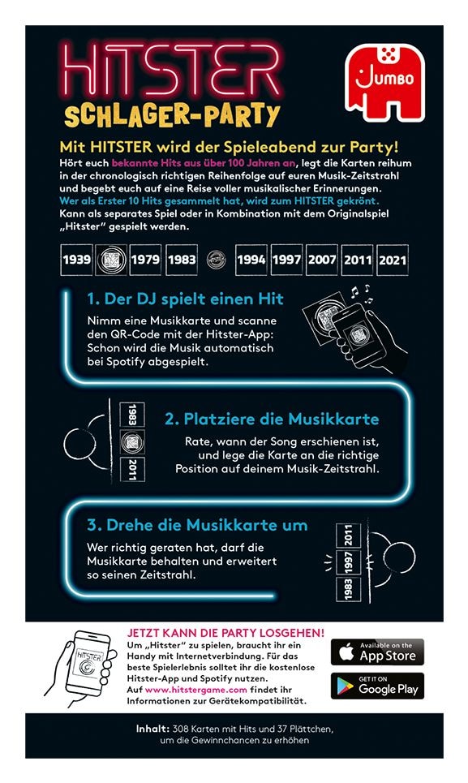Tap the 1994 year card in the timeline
[x=251, y=261]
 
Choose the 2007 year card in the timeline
[x=322, y=261]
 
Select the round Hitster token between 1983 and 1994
[x=216, y=261]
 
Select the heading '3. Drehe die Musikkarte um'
[x=197, y=525]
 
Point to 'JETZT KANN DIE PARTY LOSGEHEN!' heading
[x=225, y=631]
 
